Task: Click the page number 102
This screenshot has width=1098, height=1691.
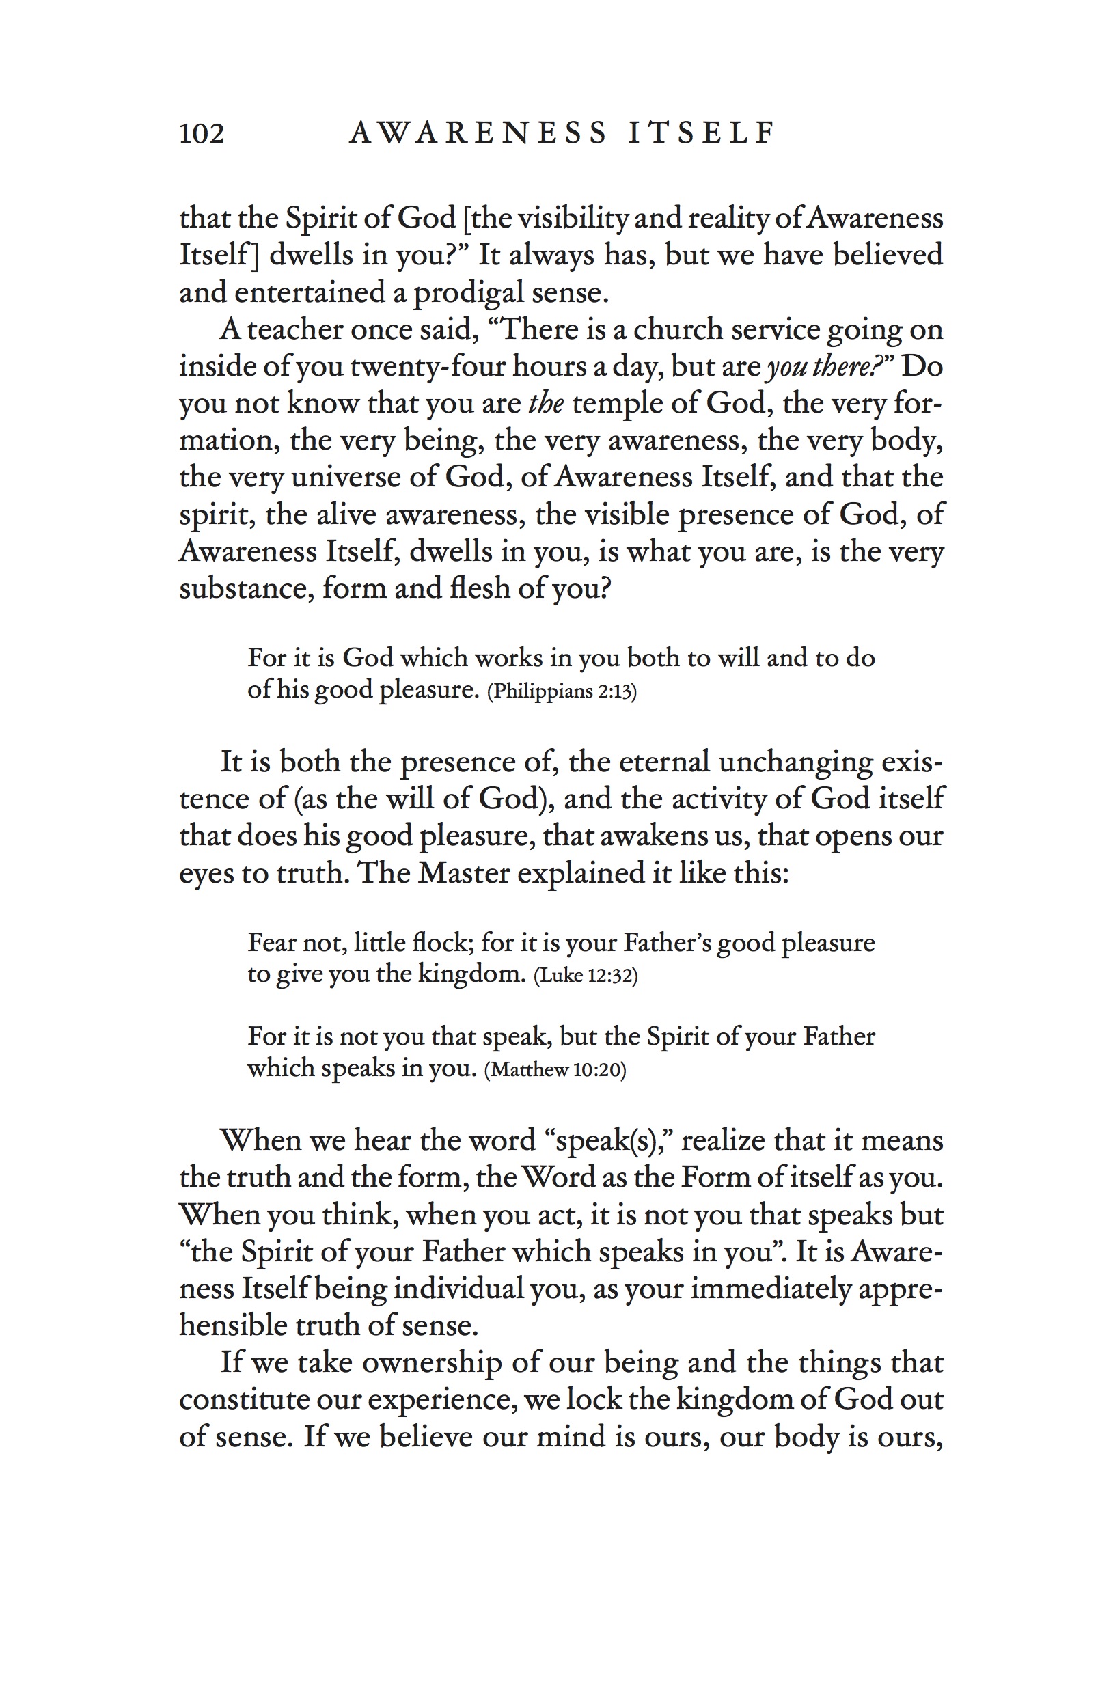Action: pos(201,133)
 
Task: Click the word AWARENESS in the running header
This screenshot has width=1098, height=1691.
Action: pos(478,133)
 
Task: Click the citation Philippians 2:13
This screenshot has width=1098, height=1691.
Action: pos(562,691)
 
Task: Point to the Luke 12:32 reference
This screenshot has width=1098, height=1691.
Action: pos(586,975)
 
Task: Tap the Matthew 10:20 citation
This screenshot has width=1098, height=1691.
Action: pos(555,1069)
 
